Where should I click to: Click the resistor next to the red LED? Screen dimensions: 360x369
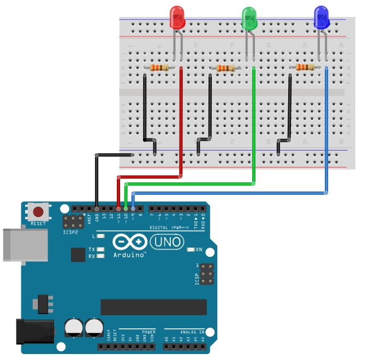pos(159,68)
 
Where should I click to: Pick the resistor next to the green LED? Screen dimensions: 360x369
pos(225,68)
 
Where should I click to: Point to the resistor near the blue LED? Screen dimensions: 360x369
pos(304,68)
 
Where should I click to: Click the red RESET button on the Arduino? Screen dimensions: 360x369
pos(38,212)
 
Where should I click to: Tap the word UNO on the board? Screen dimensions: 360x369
pos(167,241)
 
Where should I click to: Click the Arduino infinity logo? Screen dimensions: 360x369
pos(130,242)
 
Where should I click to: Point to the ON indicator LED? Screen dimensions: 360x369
pos(191,250)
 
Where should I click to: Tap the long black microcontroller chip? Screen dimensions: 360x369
pos(153,307)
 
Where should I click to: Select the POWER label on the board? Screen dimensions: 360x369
pos(148,332)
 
